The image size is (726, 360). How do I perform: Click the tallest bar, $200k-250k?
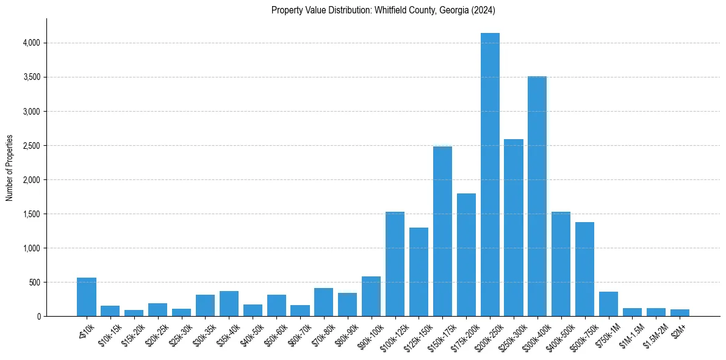tap(490, 177)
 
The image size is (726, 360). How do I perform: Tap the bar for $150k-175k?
tap(442, 232)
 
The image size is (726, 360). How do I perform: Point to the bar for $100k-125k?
tap(395, 265)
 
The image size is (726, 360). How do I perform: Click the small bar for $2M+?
tap(680, 313)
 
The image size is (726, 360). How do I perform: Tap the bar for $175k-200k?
tap(466, 256)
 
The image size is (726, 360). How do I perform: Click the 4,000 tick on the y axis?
tap(32, 43)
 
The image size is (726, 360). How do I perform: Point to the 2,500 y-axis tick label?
tap(32, 146)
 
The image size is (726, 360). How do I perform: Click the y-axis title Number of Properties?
tap(9, 168)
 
